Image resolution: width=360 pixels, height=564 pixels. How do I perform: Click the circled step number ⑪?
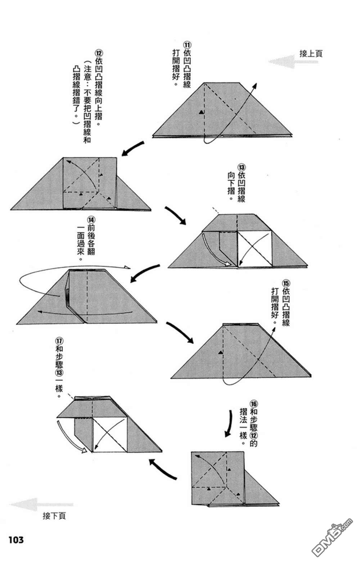click(x=187, y=45)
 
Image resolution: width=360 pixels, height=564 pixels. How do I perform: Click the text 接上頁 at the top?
click(x=311, y=54)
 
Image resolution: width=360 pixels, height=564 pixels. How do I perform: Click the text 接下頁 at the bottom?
click(x=54, y=516)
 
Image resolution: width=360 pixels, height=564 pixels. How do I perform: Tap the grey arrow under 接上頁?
click(x=292, y=62)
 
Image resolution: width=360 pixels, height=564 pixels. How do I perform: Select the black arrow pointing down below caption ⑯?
click(x=229, y=423)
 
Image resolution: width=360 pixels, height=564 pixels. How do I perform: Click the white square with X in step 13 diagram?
click(x=254, y=249)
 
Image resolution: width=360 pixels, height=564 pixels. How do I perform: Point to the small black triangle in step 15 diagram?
click(x=220, y=353)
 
